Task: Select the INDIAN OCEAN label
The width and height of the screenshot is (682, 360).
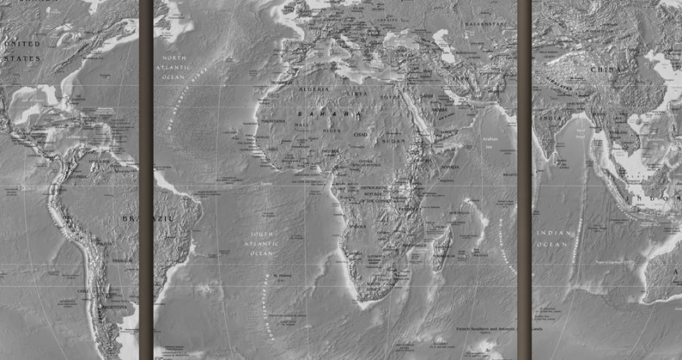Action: click(554, 238)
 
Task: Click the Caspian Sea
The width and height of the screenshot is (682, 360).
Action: click(444, 44)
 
